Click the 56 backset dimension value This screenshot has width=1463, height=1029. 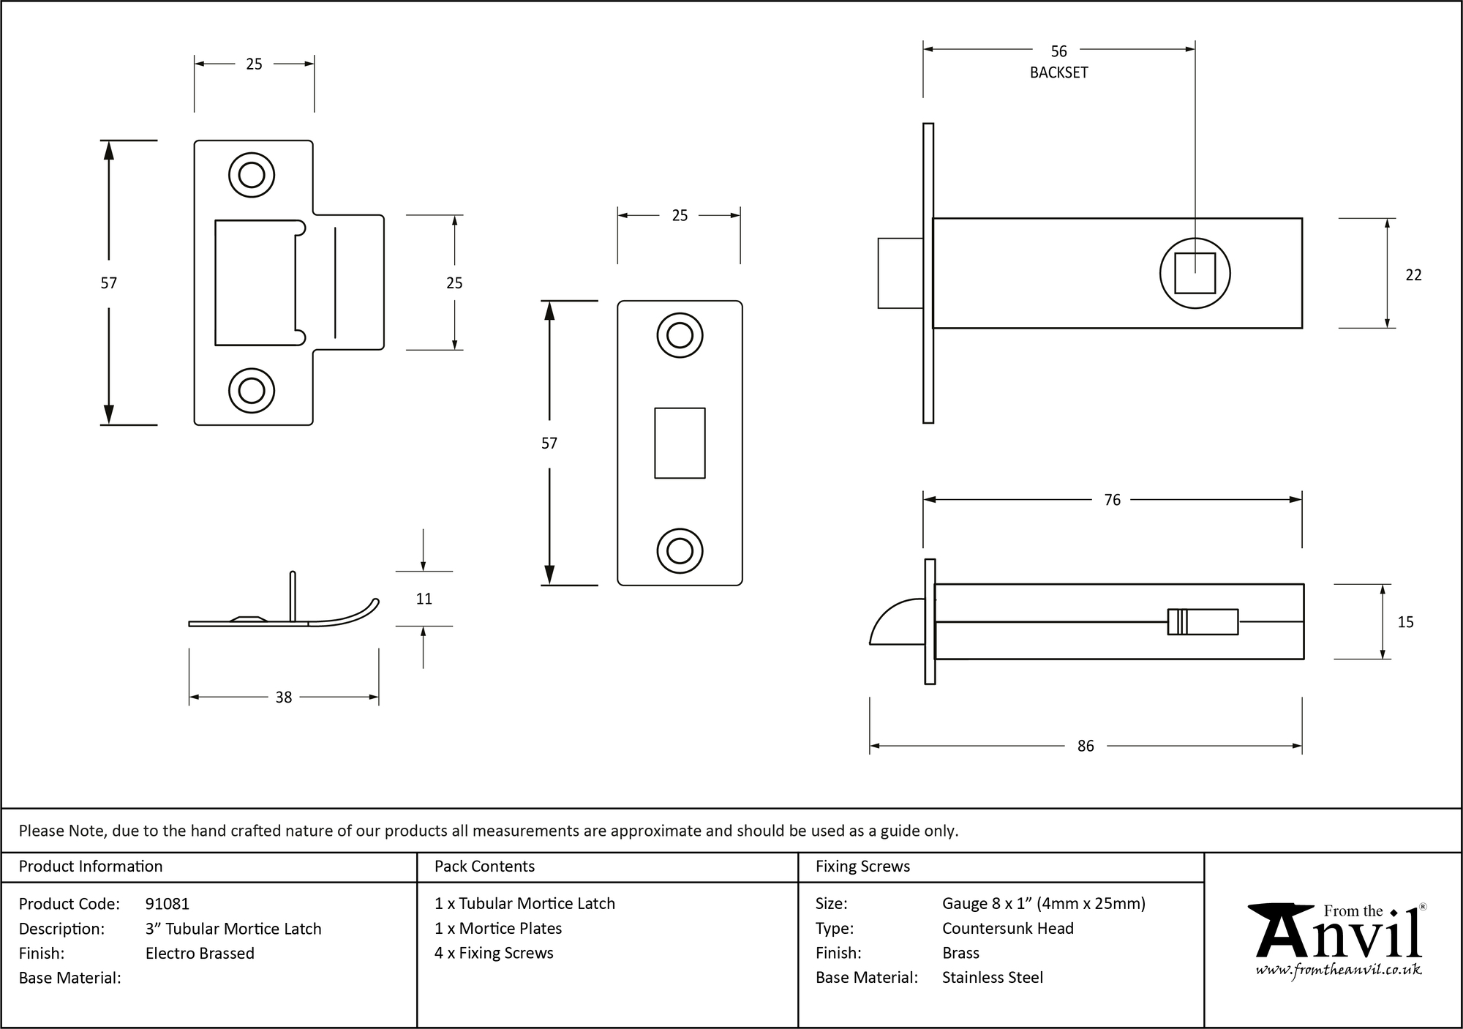click(x=1058, y=51)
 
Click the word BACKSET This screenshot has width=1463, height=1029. click(x=1058, y=72)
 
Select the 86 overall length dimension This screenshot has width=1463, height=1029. click(x=1086, y=746)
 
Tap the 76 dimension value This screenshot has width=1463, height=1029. click(x=1112, y=500)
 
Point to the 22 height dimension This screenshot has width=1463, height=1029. click(x=1413, y=275)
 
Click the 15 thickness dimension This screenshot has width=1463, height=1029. click(x=1405, y=622)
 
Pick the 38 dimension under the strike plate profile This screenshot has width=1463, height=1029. click(x=284, y=697)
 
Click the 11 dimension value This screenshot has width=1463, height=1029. click(x=424, y=599)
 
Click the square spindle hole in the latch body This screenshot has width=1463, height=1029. click(x=1195, y=274)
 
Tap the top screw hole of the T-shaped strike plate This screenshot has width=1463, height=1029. click(x=252, y=176)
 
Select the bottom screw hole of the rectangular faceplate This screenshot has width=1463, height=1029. click(x=680, y=551)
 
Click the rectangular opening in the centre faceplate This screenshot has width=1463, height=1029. click(x=680, y=443)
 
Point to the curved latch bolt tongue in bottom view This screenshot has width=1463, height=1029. click(x=897, y=624)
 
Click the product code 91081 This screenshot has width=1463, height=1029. click(x=168, y=904)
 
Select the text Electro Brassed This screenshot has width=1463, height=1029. click(x=200, y=953)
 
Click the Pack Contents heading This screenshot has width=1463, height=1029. click(x=484, y=867)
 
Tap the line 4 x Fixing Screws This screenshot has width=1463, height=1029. click(x=494, y=953)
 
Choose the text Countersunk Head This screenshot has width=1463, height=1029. click(x=1007, y=928)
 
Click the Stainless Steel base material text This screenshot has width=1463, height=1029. click(x=992, y=977)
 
